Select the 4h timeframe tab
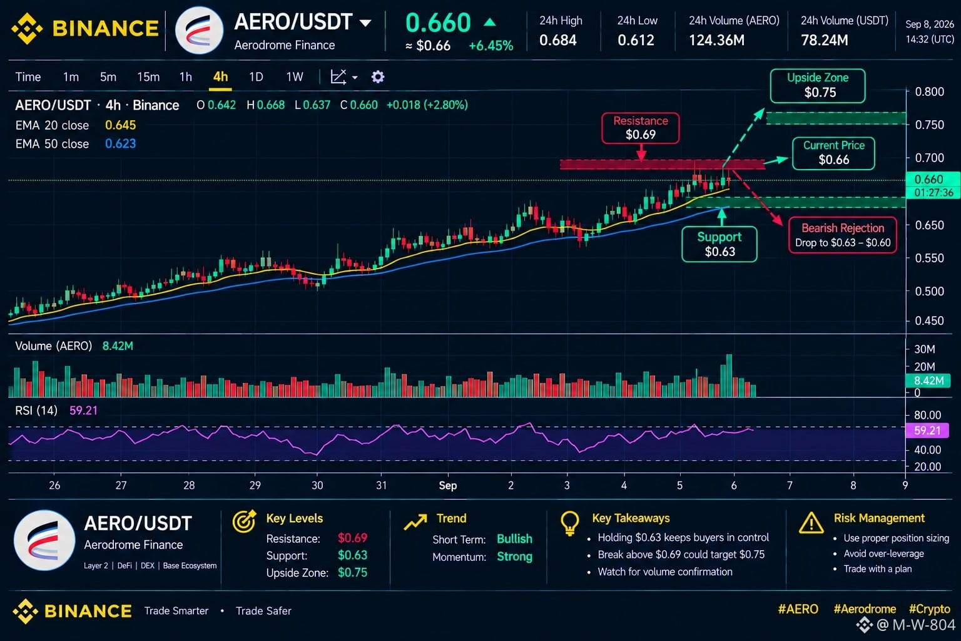point(220,77)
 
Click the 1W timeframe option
point(295,77)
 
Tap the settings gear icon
point(378,77)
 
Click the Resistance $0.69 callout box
point(641,128)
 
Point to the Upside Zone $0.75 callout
point(818,86)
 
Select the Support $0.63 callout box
point(719,244)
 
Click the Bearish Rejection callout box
point(843,235)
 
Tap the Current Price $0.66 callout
point(833,153)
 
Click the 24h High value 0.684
point(558,40)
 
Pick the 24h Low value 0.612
point(636,40)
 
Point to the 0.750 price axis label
point(929,125)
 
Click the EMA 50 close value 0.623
point(121,143)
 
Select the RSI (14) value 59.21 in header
point(84,411)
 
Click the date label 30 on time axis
point(317,485)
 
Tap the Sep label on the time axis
point(448,486)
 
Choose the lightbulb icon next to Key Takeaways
point(570,523)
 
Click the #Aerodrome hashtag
point(865,609)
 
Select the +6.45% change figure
point(491,46)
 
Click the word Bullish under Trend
point(514,539)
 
